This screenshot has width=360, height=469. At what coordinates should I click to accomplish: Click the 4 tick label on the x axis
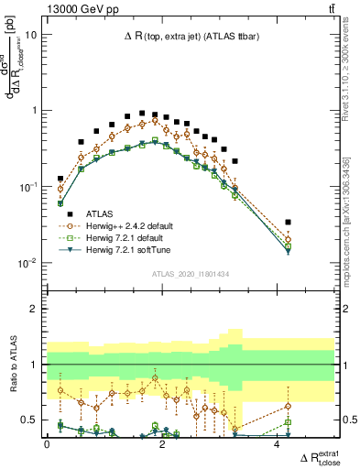point(277,445)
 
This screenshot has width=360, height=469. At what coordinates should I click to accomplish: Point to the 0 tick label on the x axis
point(47,445)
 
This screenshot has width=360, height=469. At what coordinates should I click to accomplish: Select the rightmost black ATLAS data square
point(288,222)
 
